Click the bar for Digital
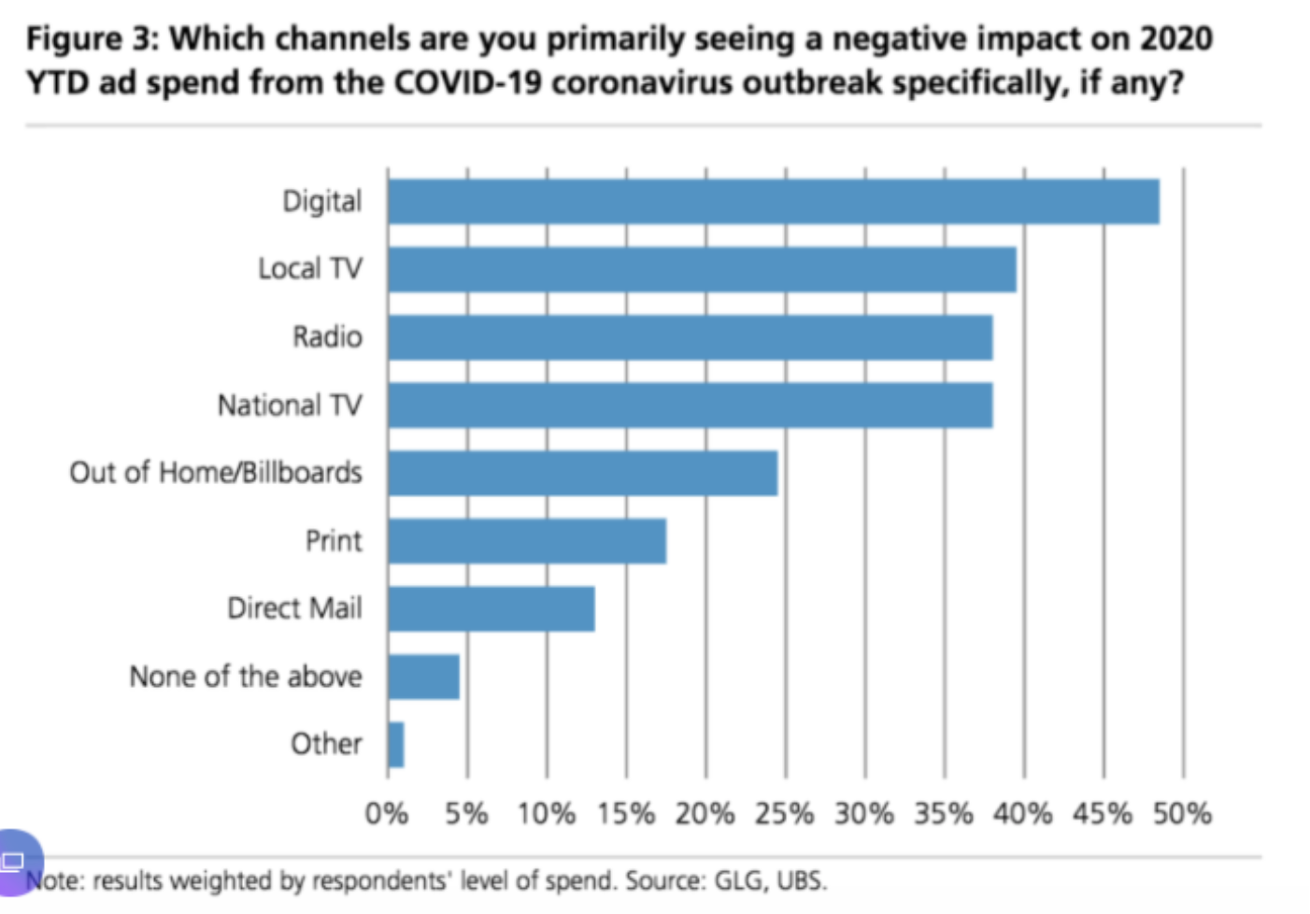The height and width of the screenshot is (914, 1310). tap(774, 202)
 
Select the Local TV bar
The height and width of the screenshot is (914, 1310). tap(702, 269)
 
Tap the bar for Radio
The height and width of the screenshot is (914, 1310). tap(691, 337)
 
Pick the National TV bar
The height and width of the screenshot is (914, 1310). tap(691, 406)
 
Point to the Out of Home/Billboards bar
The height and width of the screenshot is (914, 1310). tap(582, 473)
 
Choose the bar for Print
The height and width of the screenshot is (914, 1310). tap(527, 541)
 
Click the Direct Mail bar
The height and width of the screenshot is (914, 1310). tap(491, 608)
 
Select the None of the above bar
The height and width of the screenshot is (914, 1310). tap(423, 677)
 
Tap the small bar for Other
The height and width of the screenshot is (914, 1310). tap(396, 745)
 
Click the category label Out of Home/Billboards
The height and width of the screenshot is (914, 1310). tap(216, 473)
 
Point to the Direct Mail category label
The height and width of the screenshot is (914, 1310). tap(294, 608)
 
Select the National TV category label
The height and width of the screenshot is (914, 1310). tap(290, 406)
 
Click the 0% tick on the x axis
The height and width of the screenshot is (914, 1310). tap(386, 813)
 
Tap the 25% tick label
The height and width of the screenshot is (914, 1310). tap(784, 813)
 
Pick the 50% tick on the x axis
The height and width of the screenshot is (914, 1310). tap(1182, 813)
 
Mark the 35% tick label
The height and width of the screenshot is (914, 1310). tap(943, 813)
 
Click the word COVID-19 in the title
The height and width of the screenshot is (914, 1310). tap(468, 82)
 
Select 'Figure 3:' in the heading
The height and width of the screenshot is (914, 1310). tap(93, 39)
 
